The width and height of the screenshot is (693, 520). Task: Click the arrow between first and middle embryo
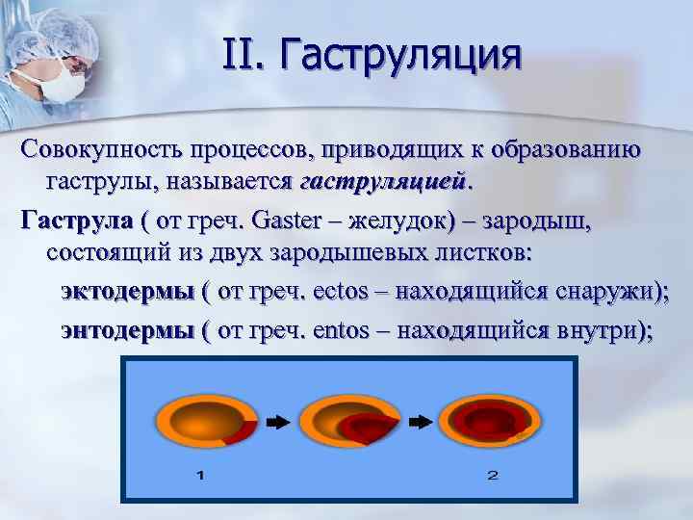pos(276,421)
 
